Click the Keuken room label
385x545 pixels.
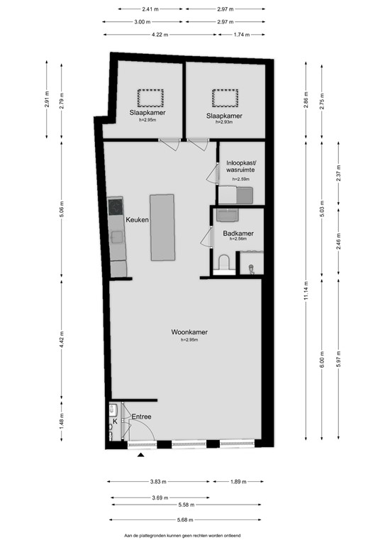pos(137,221)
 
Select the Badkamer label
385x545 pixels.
pos(238,233)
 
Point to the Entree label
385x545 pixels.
pos(141,417)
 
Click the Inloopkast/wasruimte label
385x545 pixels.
pos(239,167)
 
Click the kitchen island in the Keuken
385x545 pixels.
pos(161,228)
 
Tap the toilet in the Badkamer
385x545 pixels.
pos(225,265)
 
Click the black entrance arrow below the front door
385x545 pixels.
pos(142,456)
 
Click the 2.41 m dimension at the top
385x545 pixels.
pos(150,9)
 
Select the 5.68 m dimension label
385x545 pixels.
pos(187,519)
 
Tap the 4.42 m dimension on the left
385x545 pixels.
pos(62,341)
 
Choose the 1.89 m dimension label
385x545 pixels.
pos(238,482)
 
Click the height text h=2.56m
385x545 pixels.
pos(238,240)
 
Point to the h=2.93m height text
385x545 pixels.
pos(224,122)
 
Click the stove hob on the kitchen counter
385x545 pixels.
pos(116,207)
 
